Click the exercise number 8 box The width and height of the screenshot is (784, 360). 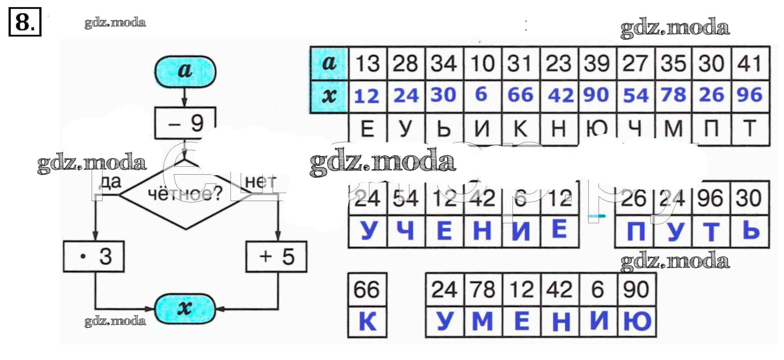coord(25,22)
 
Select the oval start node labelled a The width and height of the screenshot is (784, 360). coord(185,71)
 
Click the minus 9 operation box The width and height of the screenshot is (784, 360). coord(185,123)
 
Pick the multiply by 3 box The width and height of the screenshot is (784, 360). coord(94,256)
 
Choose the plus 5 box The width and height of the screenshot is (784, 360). coord(276,256)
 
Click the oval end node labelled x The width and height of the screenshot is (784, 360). coord(185,309)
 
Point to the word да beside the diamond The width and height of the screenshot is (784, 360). coord(110,181)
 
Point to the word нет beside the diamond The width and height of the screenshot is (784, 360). coord(260,181)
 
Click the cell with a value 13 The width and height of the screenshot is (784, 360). coord(367,63)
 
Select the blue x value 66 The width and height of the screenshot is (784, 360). coord(520,95)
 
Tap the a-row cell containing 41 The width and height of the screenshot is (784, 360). coord(750,63)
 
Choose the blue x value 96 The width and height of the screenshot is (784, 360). coord(750,95)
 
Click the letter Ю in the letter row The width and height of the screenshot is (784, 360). coord(597,128)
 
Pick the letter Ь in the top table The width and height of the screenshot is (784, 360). coord(444,128)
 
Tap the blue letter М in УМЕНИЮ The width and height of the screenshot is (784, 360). coord(482,321)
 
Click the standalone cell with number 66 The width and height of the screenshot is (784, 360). coord(367,290)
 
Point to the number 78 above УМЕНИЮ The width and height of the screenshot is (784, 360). coord(483,290)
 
